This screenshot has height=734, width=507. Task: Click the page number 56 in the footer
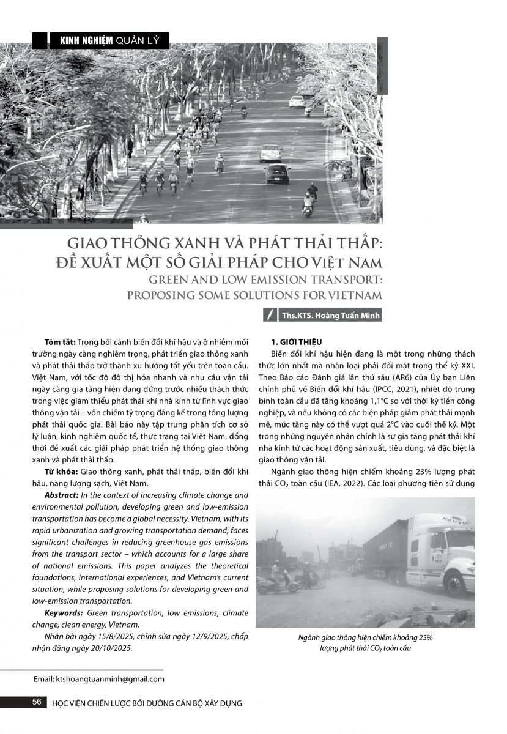[37, 702]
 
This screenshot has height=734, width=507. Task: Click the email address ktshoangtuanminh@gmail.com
[98, 679]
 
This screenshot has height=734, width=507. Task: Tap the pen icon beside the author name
[268, 316]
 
